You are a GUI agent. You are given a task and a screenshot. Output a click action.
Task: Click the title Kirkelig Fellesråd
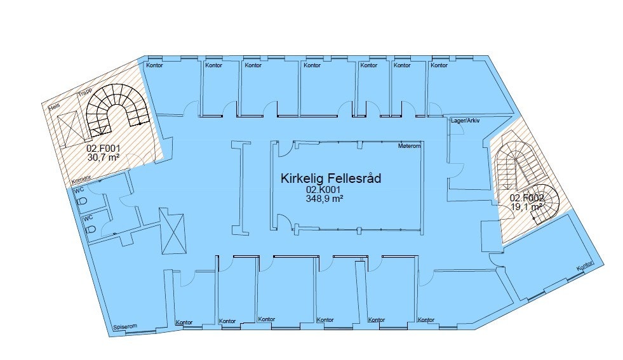(x=330, y=178)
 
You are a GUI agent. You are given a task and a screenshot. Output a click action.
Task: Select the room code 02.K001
(x=324, y=190)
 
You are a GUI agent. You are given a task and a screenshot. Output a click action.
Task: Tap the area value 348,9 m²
(x=324, y=198)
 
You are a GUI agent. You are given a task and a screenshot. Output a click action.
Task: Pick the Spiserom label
(x=124, y=327)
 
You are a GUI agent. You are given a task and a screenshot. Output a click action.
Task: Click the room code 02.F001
(x=104, y=149)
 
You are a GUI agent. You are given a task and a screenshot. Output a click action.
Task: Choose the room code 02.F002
(x=527, y=197)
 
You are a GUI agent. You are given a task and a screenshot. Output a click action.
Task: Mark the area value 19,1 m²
(x=527, y=206)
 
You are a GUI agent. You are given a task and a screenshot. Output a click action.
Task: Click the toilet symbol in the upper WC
(x=82, y=201)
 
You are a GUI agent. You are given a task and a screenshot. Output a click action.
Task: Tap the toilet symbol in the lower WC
(x=90, y=229)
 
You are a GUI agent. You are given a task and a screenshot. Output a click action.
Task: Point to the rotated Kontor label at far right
(x=584, y=268)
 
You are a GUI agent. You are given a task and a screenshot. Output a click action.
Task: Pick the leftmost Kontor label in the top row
(x=154, y=65)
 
